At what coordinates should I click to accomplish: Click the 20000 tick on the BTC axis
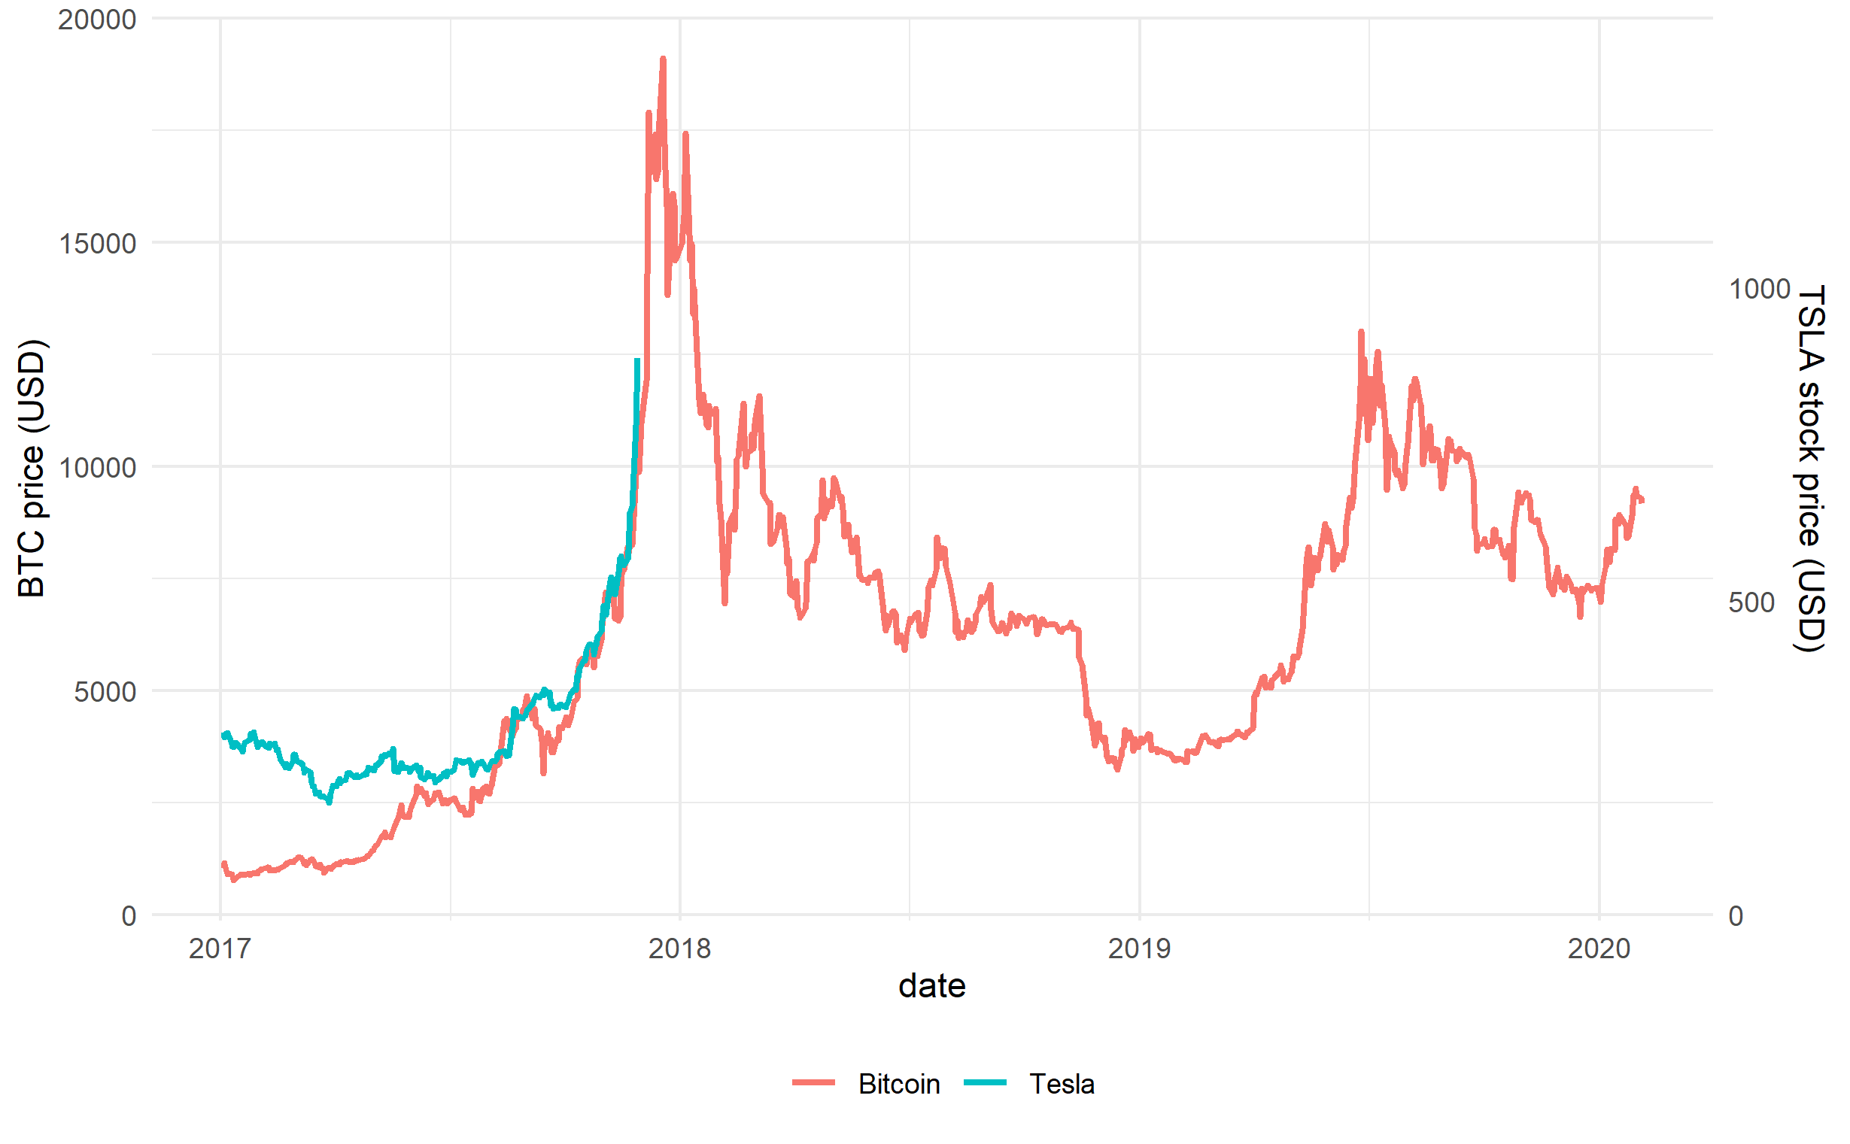tap(97, 20)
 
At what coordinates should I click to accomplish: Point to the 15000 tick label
tap(97, 244)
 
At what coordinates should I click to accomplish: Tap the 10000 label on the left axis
tap(97, 468)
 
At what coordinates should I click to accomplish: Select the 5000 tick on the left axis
tap(105, 691)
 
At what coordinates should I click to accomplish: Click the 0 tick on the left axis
tap(129, 916)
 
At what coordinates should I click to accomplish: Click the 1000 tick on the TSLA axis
tap(1759, 289)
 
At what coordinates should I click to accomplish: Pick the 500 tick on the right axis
tap(1751, 603)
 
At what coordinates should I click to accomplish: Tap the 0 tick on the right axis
tap(1736, 916)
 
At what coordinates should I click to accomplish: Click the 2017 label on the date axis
tap(220, 948)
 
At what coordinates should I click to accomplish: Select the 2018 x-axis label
tap(679, 948)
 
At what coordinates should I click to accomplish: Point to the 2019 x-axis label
tap(1139, 948)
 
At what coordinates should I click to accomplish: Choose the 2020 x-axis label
tap(1598, 948)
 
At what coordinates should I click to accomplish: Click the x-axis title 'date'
tap(931, 986)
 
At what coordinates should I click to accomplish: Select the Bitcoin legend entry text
tap(898, 1085)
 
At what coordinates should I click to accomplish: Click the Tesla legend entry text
tap(1061, 1085)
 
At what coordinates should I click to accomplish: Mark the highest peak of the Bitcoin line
tap(663, 58)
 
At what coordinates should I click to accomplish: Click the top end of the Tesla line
tap(637, 360)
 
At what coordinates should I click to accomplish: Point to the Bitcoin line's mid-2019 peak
tap(1360, 332)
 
